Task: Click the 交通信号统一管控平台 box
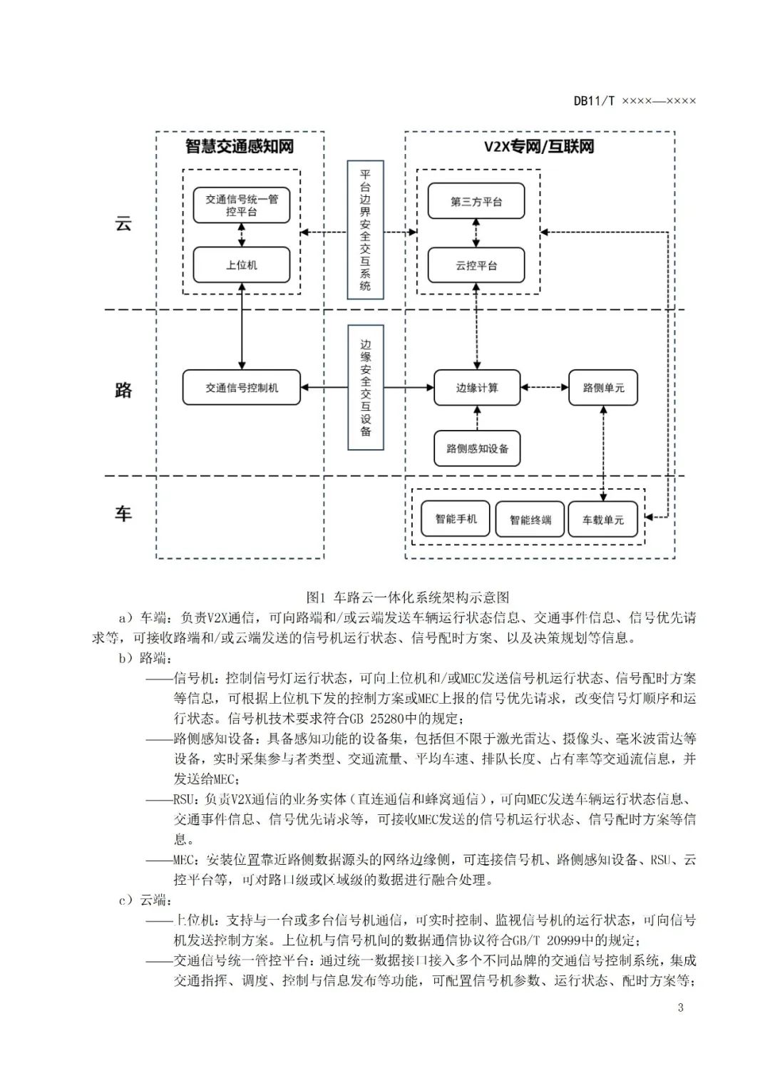point(241,205)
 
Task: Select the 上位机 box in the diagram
point(241,265)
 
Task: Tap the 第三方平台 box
point(476,202)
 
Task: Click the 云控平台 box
point(476,265)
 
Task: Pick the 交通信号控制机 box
point(242,388)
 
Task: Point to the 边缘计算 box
point(477,388)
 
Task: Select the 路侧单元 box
point(602,388)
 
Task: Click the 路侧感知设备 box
point(477,448)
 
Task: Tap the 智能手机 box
point(456,519)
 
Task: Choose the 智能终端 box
point(530,520)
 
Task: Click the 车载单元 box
point(602,520)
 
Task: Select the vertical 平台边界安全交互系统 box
point(365,230)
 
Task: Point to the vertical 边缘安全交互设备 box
point(365,387)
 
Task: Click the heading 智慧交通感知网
point(240,147)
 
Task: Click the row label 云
point(123,223)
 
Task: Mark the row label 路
point(123,390)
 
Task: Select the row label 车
point(123,513)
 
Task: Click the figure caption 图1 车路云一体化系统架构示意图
point(407,597)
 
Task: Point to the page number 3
point(680,1007)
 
